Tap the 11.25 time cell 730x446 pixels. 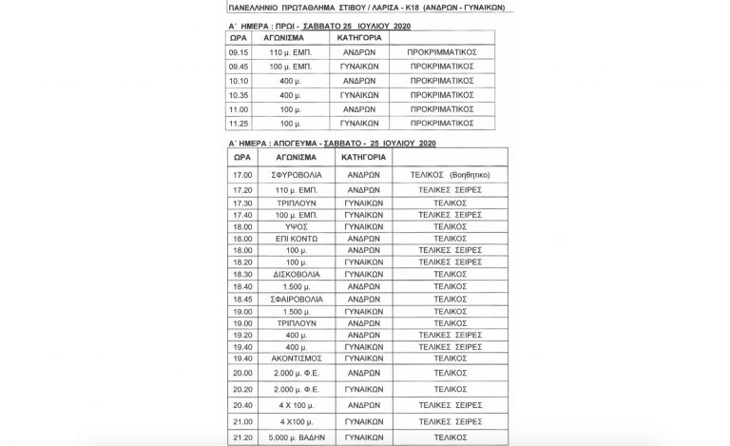[x=242, y=124]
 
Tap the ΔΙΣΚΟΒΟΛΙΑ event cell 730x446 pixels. [x=291, y=274]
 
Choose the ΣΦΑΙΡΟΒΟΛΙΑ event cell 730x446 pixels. [x=292, y=299]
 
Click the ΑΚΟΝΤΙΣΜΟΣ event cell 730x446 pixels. [x=292, y=359]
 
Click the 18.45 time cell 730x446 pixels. [x=242, y=299]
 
